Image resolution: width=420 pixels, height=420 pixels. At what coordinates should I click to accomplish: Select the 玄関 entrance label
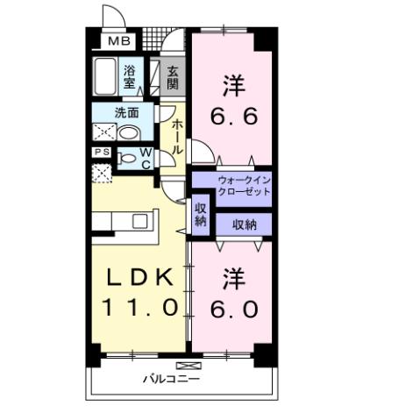(173, 76)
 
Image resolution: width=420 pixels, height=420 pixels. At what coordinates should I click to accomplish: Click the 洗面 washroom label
(128, 112)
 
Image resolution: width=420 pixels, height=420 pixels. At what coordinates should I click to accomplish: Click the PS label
(102, 152)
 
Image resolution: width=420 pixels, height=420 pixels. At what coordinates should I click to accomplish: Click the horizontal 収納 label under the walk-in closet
(244, 224)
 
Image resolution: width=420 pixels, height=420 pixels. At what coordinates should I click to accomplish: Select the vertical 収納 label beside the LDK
(200, 215)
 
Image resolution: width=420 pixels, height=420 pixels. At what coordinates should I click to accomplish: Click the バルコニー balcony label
(173, 380)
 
